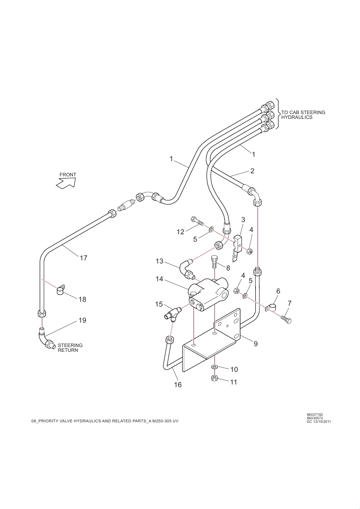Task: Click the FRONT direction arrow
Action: click(66, 182)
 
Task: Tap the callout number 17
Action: click(83, 258)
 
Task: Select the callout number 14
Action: click(160, 279)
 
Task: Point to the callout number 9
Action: click(256, 344)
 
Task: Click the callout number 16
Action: click(178, 385)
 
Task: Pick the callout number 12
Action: click(180, 232)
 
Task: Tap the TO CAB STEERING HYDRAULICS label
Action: click(303, 115)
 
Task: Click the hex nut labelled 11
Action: click(215, 378)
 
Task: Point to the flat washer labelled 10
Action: click(215, 367)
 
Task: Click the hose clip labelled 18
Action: click(61, 290)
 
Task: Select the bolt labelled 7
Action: click(286, 319)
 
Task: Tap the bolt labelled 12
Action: click(197, 221)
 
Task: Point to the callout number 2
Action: click(252, 171)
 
